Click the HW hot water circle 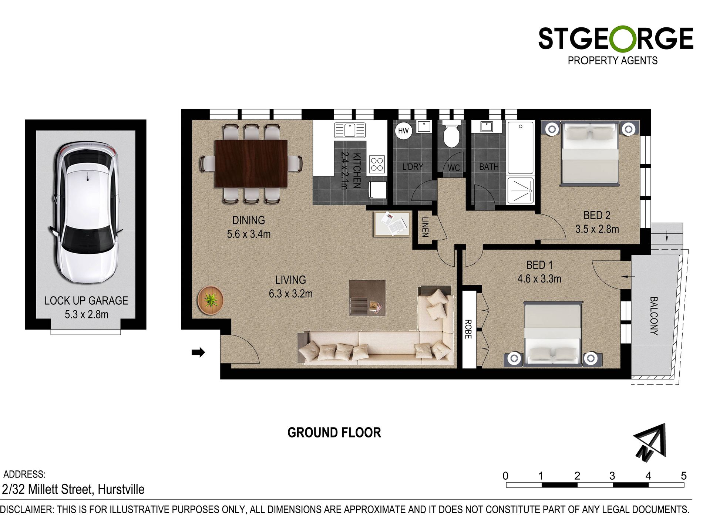[403, 131]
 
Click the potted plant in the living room [211, 300]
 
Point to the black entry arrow [198, 352]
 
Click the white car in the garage [87, 213]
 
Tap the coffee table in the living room [367, 298]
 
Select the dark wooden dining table [251, 164]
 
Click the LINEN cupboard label [425, 227]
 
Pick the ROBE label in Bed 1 [468, 329]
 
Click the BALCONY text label [654, 316]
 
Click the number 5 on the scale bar [684, 476]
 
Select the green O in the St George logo [623, 38]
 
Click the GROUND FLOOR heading [334, 433]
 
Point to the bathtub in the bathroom [521, 148]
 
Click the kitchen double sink [350, 130]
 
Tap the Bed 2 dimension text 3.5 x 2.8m [597, 229]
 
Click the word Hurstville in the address [121, 489]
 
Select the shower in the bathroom [521, 191]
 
